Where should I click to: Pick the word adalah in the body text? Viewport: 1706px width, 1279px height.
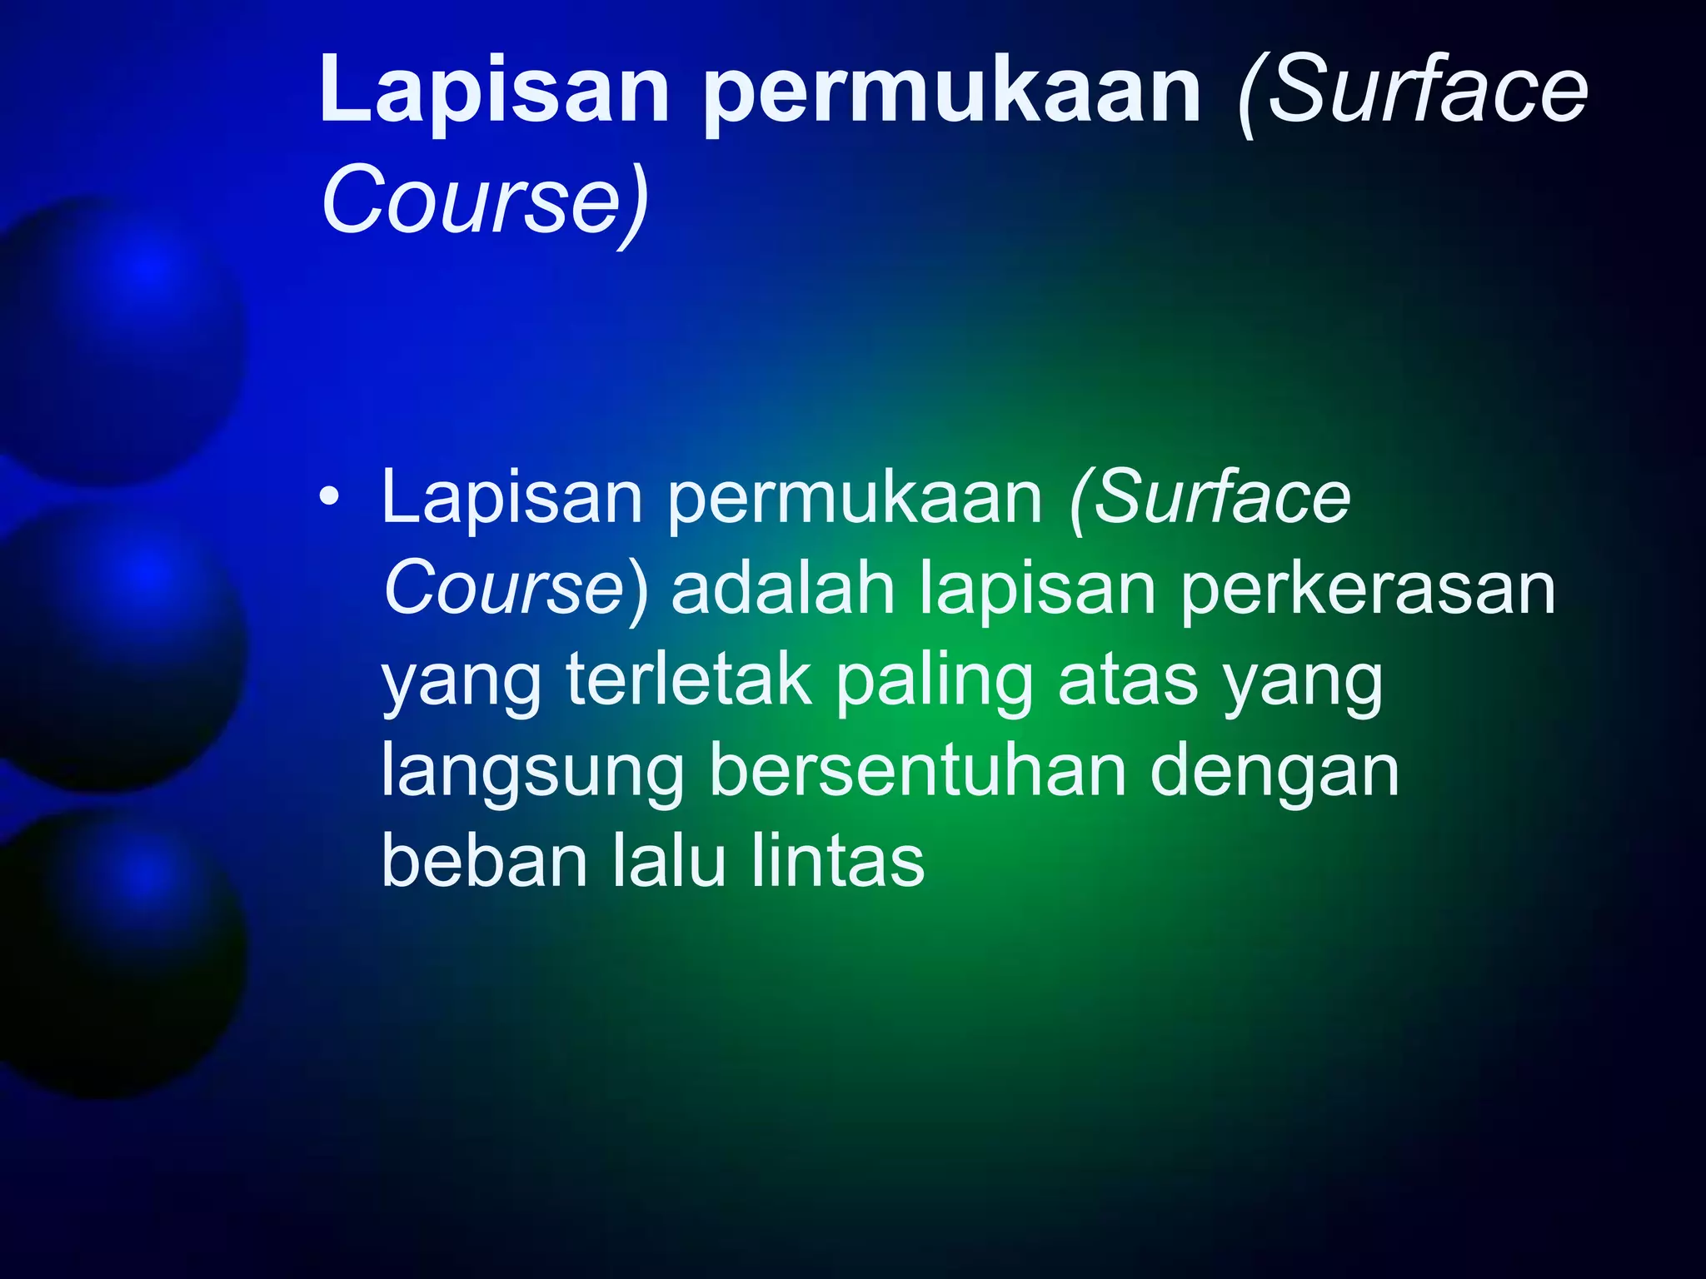[x=783, y=590]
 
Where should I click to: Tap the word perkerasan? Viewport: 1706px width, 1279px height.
[x=1367, y=590]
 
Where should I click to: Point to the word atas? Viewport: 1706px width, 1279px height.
[x=1129, y=680]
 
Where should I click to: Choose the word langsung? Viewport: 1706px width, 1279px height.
[x=533, y=773]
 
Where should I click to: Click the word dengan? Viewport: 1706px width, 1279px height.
[x=1275, y=773]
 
